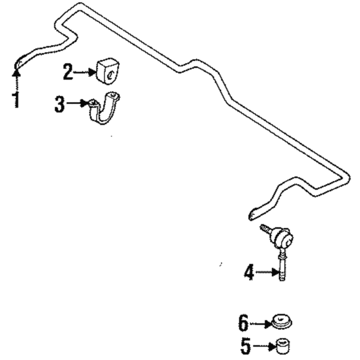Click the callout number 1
coord(16,99)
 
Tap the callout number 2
coord(68,72)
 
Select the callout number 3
coord(59,104)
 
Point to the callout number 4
coord(249,272)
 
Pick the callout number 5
coord(246,346)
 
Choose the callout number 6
coord(243,323)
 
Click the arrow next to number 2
coord(85,72)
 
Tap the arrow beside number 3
coord(76,104)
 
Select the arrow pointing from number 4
coord(266,273)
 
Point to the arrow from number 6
coord(261,324)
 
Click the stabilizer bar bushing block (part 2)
coord(107,71)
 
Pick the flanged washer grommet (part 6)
coord(282,322)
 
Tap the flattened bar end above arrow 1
coord(19,63)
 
